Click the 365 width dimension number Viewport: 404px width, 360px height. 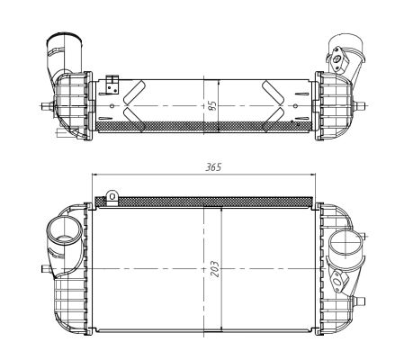(213, 166)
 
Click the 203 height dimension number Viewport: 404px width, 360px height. (215, 268)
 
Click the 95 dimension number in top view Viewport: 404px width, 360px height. (212, 105)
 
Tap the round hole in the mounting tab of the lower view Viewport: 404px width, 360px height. (112, 196)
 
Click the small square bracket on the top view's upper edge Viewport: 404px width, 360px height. (112, 85)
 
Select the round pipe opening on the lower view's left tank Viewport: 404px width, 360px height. (64, 232)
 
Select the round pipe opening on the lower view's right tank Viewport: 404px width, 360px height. (346, 243)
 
